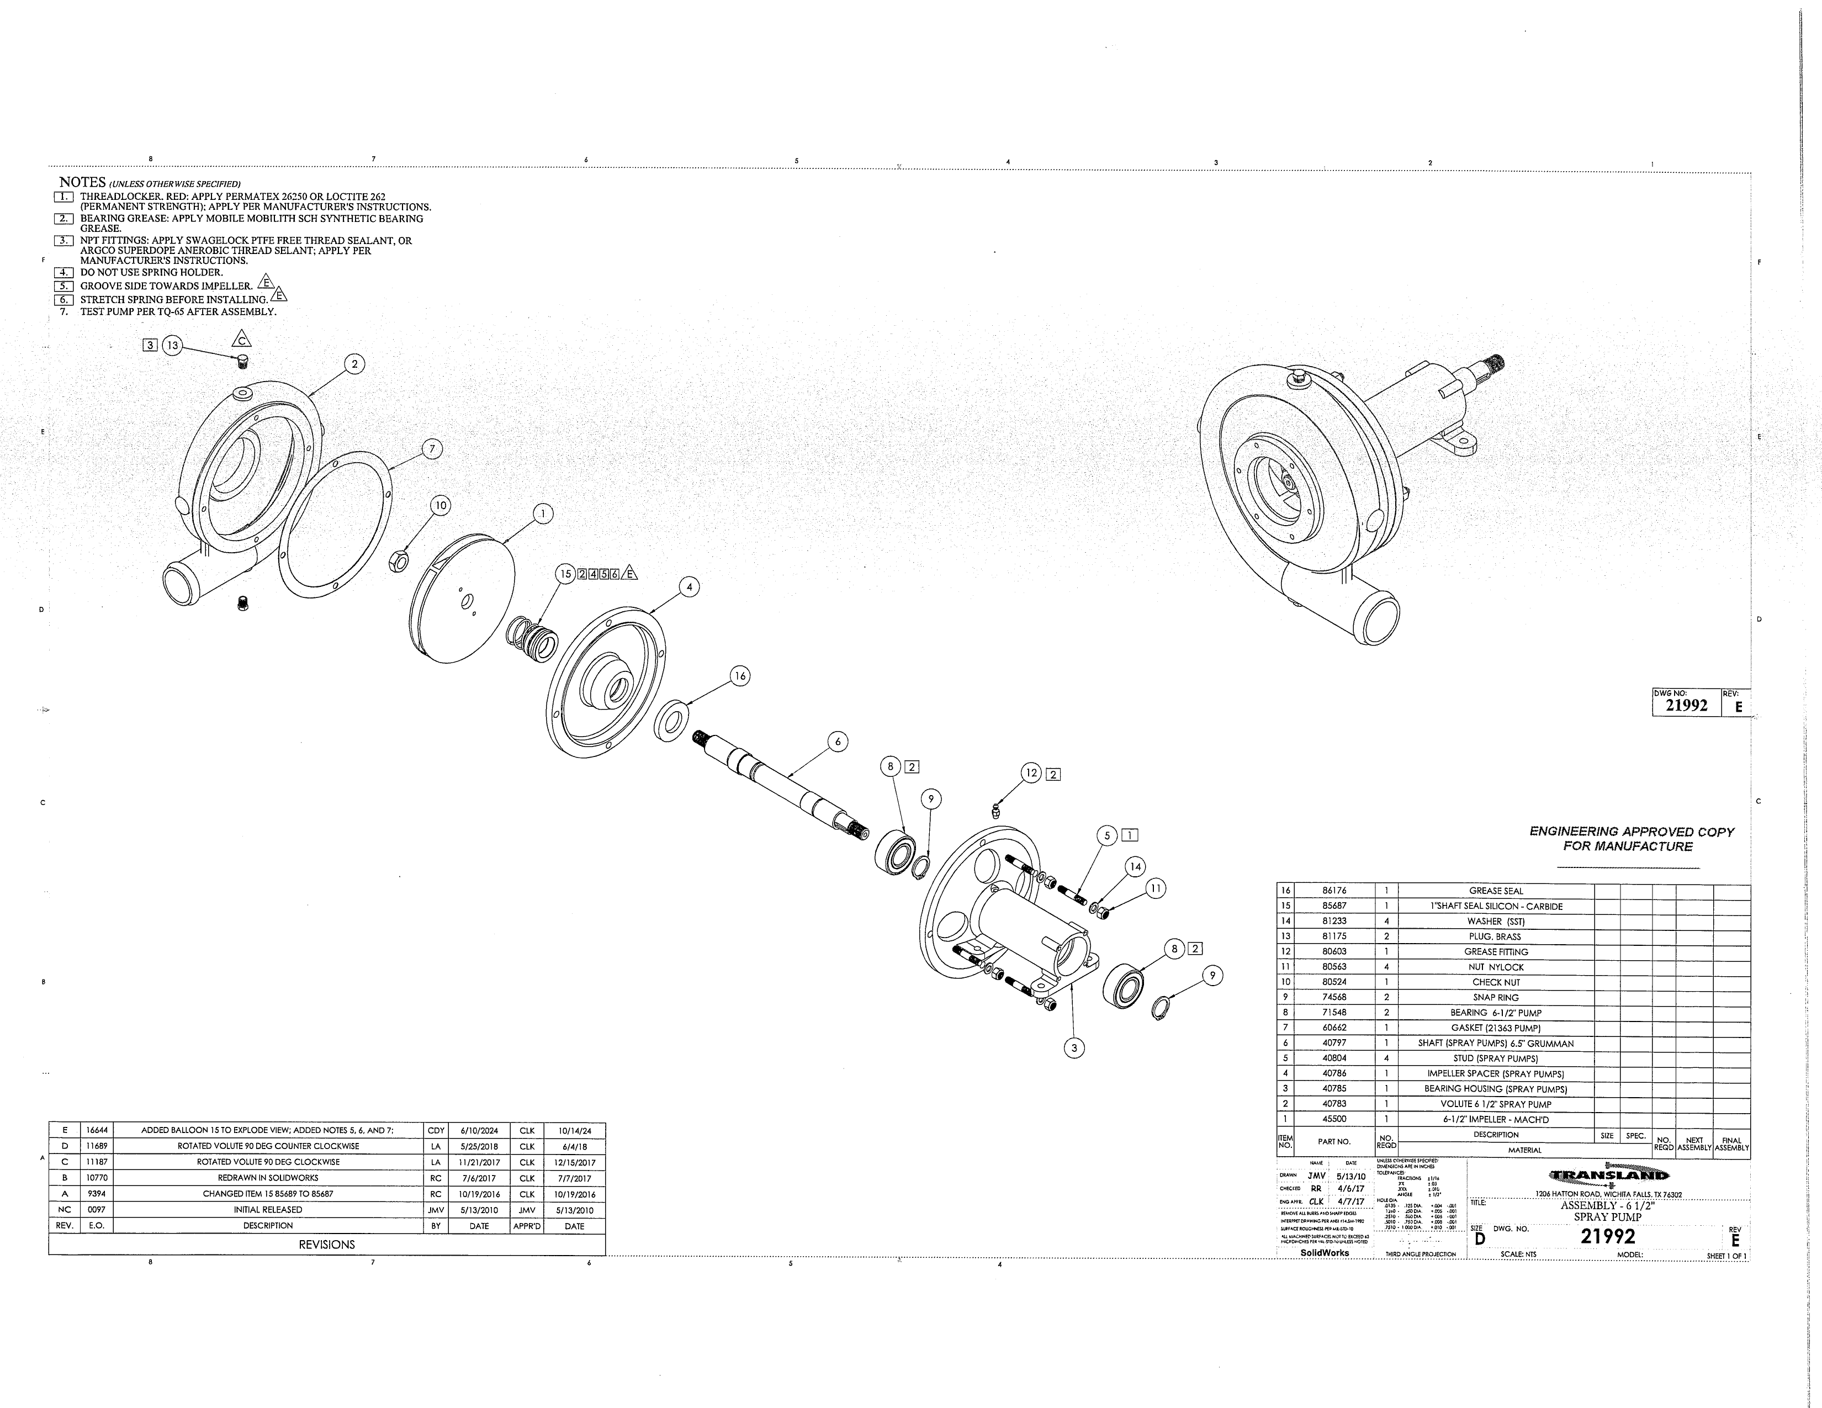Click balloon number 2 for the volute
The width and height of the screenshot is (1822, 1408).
[354, 364]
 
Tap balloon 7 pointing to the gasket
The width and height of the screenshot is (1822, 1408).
[431, 449]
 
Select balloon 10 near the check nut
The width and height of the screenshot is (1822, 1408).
[441, 505]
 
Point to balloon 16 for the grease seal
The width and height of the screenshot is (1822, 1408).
[739, 676]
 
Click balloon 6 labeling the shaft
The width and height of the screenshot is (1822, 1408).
[837, 740]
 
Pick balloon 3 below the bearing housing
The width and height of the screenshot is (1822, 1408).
[1074, 1047]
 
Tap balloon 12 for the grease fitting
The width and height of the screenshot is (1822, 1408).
[1032, 773]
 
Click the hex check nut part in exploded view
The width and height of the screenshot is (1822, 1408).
[399, 562]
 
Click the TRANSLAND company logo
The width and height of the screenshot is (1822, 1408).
[1608, 1176]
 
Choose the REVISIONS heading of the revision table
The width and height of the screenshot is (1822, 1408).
[326, 1245]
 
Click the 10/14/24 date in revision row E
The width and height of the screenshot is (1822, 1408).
[574, 1131]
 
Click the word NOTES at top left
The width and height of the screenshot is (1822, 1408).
[82, 182]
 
